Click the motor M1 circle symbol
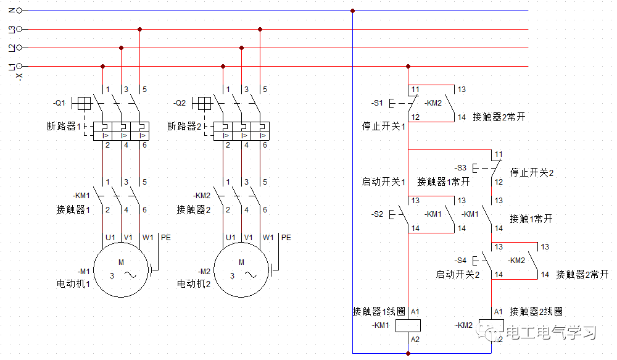click(121, 269)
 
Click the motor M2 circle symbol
click(241, 269)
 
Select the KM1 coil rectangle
click(408, 325)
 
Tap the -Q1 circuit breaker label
click(59, 103)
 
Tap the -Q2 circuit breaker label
click(180, 103)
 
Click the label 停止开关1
click(383, 127)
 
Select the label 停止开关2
click(532, 172)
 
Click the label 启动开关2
click(457, 274)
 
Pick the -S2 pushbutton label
click(377, 214)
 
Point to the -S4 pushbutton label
click(460, 261)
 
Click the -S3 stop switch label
click(462, 167)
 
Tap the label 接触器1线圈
click(379, 311)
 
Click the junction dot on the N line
click(352, 10)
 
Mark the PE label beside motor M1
click(165, 237)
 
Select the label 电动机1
click(73, 284)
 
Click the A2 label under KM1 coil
click(415, 339)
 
